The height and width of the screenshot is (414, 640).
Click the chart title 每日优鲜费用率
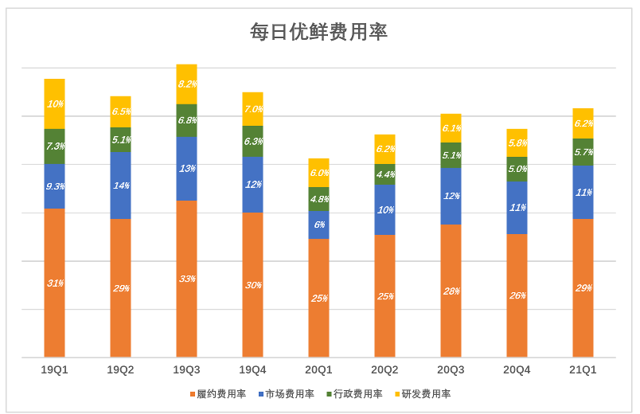click(318, 32)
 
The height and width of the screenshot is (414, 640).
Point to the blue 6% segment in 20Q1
click(318, 225)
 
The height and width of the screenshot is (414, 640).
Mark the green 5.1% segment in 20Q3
click(451, 155)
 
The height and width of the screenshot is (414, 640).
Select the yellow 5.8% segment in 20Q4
click(517, 143)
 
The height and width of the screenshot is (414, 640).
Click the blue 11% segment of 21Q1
click(583, 192)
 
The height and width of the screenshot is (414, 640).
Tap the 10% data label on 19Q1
click(54, 103)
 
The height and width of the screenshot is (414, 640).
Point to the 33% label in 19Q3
click(187, 279)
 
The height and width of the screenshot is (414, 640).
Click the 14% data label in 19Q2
click(121, 186)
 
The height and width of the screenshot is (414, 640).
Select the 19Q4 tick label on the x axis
click(252, 369)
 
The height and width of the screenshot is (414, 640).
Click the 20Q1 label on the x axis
click(318, 369)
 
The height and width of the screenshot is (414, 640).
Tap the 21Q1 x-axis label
click(583, 369)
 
